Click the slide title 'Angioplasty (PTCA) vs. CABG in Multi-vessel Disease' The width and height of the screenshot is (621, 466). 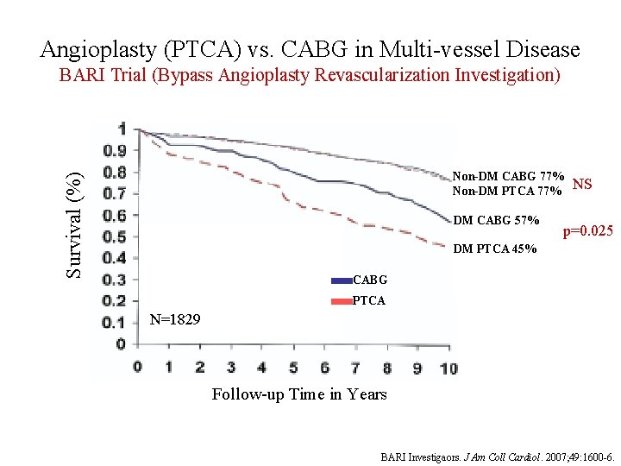pos(310,49)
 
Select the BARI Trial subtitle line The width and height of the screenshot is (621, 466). pos(310,75)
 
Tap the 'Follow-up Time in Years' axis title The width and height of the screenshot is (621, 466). pos(299,394)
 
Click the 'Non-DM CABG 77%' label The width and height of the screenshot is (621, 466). pos(509,176)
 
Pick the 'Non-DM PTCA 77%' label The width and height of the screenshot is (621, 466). pos(509,190)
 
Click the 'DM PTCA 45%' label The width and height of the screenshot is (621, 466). pos(495,249)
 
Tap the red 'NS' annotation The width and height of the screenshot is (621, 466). pos(582,184)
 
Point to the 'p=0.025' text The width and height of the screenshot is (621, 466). pos(587,231)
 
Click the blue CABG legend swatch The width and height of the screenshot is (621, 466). pos(342,280)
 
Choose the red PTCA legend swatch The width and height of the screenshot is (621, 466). pos(342,301)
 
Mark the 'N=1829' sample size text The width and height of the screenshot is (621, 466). pos(175,320)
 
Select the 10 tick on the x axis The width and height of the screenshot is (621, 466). pos(448,368)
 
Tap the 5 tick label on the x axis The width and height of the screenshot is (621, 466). pos(293,368)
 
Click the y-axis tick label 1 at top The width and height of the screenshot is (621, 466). pos(122,129)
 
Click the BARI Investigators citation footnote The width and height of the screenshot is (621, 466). pos(499,456)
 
